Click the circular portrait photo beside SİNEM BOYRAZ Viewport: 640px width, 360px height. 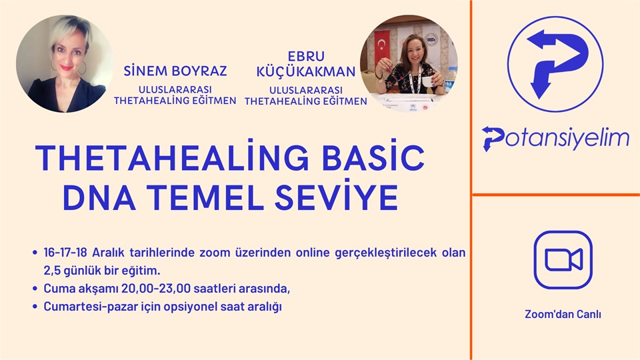click(x=65, y=64)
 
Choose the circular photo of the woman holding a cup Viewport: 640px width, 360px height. click(x=409, y=64)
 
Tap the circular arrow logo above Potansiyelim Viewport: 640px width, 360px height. click(x=555, y=64)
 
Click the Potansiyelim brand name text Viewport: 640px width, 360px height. click(x=555, y=138)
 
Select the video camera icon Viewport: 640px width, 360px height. click(x=563, y=260)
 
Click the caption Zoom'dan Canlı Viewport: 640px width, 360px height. click(x=563, y=313)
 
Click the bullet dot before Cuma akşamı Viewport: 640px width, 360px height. click(x=35, y=289)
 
